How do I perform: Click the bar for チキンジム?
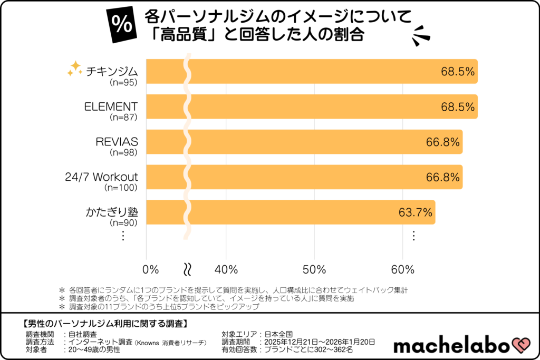311,71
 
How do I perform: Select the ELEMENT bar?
311,106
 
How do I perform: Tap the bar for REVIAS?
303,142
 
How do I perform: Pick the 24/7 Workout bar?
303,177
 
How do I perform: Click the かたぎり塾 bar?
290,212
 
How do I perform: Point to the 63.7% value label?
415,213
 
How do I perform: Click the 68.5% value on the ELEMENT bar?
458,107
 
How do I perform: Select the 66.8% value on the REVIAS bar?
442,142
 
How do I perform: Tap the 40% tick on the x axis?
226,269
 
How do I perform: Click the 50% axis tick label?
314,269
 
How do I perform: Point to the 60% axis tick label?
402,269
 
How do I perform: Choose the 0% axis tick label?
151,269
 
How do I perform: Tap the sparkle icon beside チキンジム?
74,69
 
